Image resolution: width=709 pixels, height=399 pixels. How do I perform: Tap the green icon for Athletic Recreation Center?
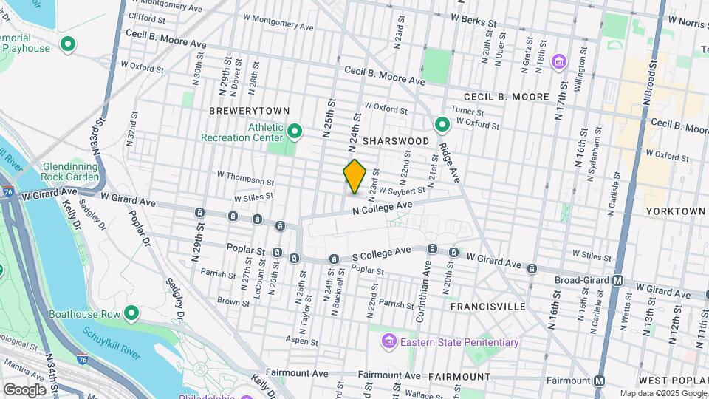click(295, 132)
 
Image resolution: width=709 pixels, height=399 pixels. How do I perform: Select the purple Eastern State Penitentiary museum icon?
click(388, 342)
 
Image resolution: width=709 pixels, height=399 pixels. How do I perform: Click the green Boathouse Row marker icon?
click(132, 314)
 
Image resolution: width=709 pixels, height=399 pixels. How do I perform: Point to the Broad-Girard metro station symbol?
click(618, 281)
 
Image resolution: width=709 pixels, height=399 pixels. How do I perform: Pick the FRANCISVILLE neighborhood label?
click(487, 306)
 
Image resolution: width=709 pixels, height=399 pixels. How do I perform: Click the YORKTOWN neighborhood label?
click(675, 211)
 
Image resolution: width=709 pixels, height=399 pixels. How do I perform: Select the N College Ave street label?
click(381, 208)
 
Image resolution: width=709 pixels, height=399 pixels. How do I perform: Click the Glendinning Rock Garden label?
click(71, 172)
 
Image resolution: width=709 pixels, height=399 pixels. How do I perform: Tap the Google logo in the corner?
click(24, 389)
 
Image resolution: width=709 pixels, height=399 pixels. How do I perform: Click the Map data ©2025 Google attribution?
click(662, 393)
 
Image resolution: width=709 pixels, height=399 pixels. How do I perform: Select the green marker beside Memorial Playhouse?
click(68, 46)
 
